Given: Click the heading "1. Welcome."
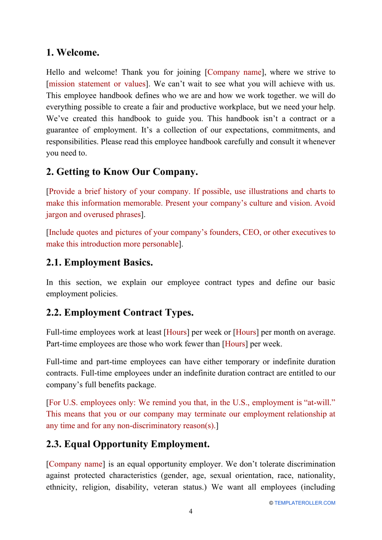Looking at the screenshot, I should (72, 53).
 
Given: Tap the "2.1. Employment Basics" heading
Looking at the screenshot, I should (99, 263).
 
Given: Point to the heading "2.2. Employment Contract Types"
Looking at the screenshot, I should (119, 312).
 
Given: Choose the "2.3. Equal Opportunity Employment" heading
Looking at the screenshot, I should (127, 444).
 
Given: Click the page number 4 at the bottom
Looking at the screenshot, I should (191, 511).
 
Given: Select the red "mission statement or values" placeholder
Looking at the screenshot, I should (97, 84).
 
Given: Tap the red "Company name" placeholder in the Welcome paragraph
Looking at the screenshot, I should (234, 72).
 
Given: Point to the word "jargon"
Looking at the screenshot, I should (56, 215).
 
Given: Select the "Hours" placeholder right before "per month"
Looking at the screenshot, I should (246, 332).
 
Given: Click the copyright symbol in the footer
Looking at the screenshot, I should (271, 503).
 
